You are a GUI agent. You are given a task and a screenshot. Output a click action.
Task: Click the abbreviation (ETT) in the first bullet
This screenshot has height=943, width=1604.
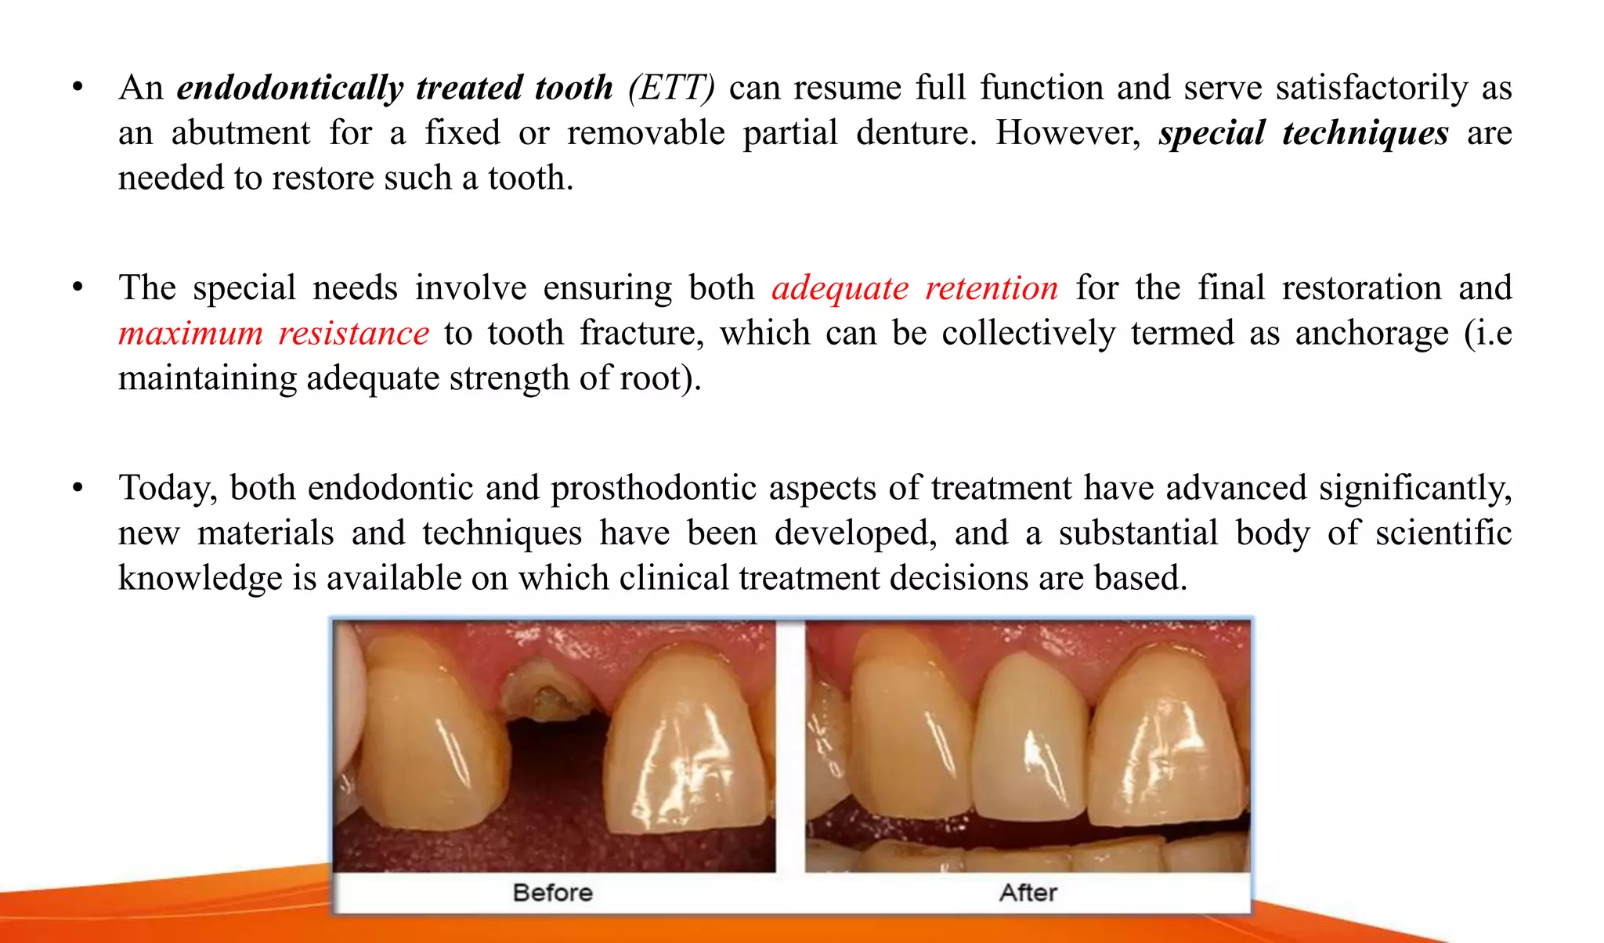(671, 88)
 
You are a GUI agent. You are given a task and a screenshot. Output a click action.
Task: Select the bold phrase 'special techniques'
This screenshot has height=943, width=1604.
(1303, 133)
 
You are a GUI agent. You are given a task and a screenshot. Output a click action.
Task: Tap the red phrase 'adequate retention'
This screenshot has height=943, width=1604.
(915, 288)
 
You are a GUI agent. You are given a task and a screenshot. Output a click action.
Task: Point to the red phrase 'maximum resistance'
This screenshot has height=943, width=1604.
(273, 334)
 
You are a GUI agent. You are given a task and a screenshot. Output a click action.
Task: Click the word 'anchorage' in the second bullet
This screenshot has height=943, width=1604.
(1371, 334)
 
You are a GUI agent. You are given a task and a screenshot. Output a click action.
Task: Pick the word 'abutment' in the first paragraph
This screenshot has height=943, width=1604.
(240, 133)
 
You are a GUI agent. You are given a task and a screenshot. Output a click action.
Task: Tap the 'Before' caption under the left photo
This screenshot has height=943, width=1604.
(552, 893)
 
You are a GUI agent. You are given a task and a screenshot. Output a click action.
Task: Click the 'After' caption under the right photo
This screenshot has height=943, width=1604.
(1028, 893)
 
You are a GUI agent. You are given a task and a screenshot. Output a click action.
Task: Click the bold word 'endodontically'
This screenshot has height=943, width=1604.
(290, 88)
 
